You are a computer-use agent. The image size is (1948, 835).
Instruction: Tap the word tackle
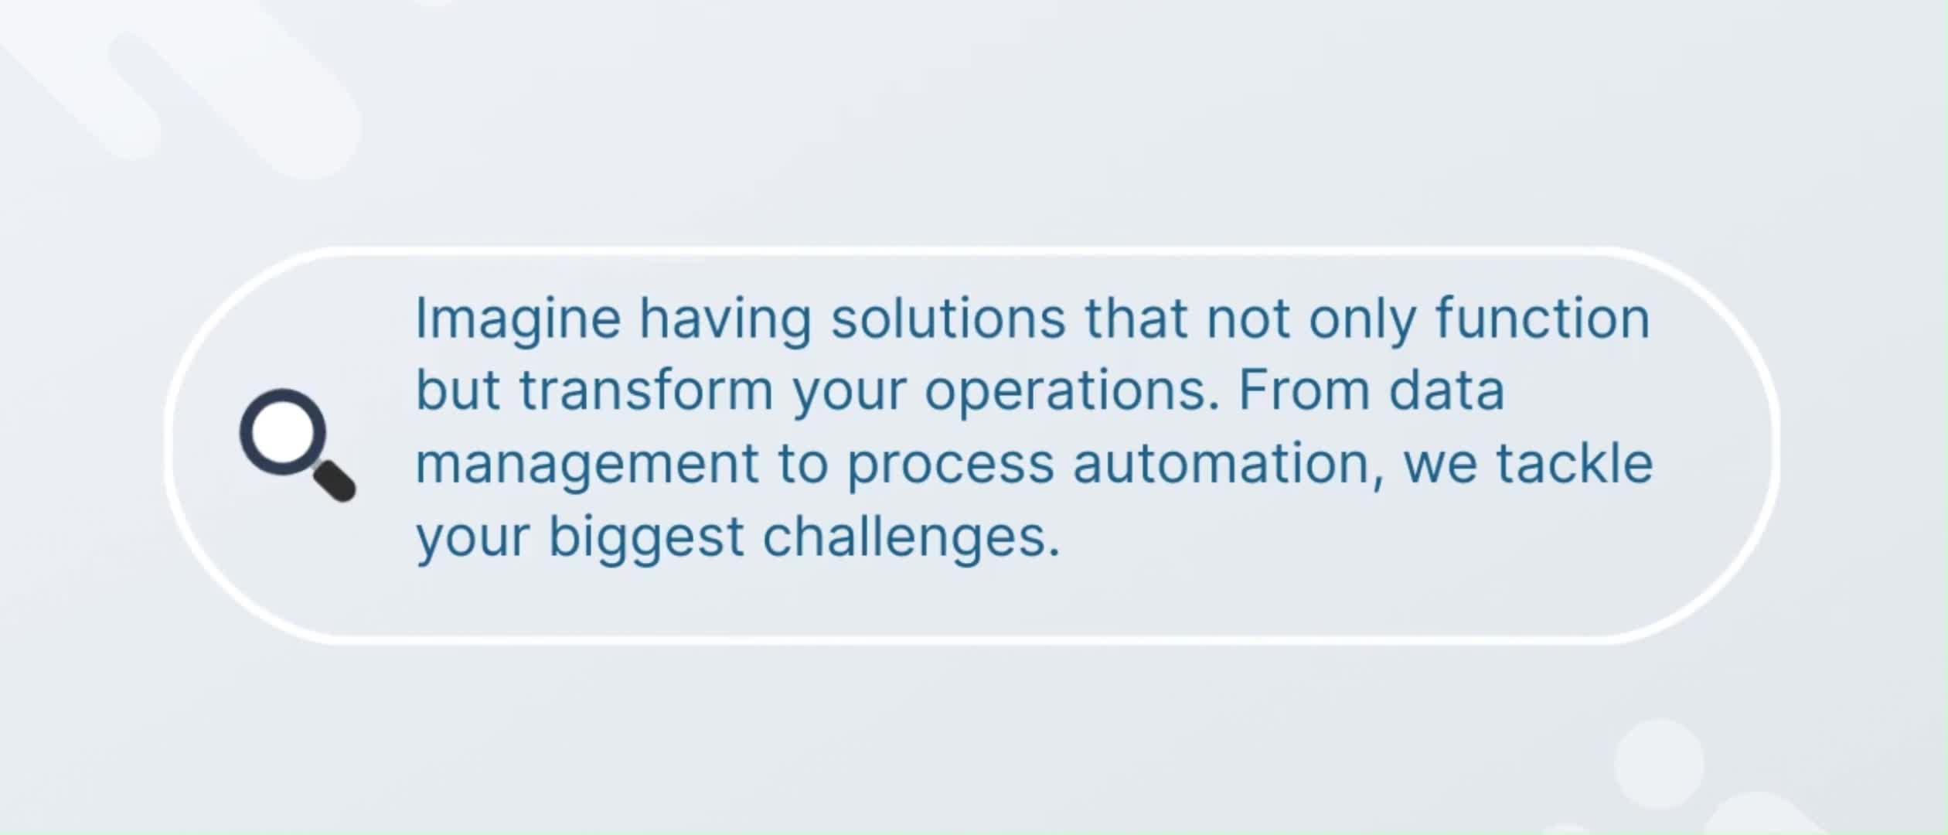tap(1575, 462)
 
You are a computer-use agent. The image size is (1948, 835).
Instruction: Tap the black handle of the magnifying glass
tap(334, 480)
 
